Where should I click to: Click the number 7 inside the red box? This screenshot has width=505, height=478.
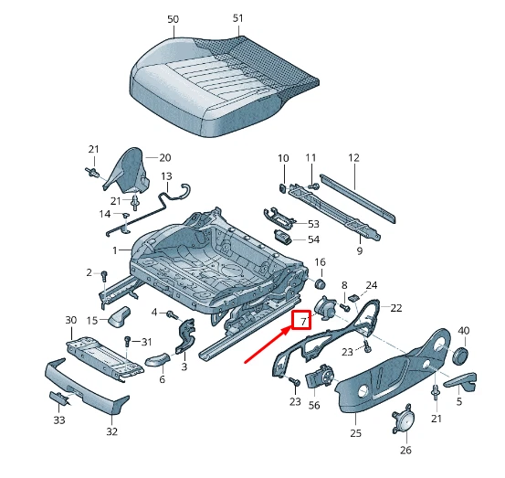coord(302,320)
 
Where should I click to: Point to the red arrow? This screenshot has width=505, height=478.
coord(269,343)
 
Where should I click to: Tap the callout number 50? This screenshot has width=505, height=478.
coord(173,19)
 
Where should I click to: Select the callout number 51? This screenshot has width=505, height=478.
coord(238,19)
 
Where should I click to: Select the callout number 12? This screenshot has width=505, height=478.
coord(353,158)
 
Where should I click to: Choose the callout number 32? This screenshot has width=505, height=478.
coord(112,431)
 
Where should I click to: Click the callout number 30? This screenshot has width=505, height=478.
coord(70,320)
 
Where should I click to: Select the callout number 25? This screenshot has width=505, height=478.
coord(354,433)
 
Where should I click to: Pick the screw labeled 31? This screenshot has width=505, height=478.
coord(127,342)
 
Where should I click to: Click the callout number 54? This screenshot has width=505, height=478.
coord(313,239)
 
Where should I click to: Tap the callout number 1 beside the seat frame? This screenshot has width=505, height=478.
coord(115,250)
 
